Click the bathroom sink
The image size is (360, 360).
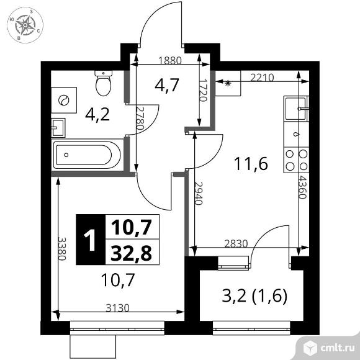point(58,127)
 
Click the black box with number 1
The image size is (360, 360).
point(91,240)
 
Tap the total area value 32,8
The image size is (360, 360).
point(131,252)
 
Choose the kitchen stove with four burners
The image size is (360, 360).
point(295,160)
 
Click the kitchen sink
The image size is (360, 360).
point(295,110)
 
